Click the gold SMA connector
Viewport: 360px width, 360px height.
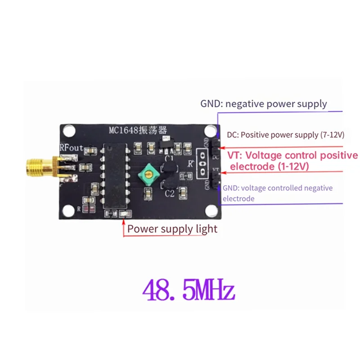tap(38, 166)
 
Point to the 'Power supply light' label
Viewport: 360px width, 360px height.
tap(172, 229)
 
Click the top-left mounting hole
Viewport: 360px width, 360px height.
tap(68, 131)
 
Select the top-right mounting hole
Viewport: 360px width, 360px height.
tap(211, 131)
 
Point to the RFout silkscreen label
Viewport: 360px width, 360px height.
tap(71, 148)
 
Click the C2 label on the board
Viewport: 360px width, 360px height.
tap(170, 194)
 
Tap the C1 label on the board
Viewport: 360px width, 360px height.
tap(169, 158)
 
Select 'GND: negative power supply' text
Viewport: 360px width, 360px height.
tap(263, 104)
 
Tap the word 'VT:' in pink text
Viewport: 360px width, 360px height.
tap(236, 156)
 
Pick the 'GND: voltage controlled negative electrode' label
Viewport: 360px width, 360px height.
tap(277, 193)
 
